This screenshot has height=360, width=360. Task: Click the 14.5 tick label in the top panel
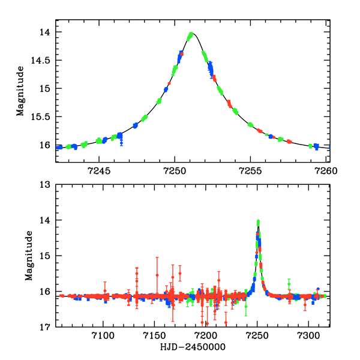coord(43,60)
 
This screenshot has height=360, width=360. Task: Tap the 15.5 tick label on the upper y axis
coord(43,116)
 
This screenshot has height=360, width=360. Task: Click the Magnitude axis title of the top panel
coord(20,91)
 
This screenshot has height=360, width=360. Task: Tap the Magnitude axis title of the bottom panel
coord(29,256)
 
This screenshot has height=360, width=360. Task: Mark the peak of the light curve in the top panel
coord(191,34)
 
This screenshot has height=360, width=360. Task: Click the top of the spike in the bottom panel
coord(258,221)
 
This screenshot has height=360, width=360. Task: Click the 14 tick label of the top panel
coord(46,32)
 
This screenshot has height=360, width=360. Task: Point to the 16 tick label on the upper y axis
coord(46,145)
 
